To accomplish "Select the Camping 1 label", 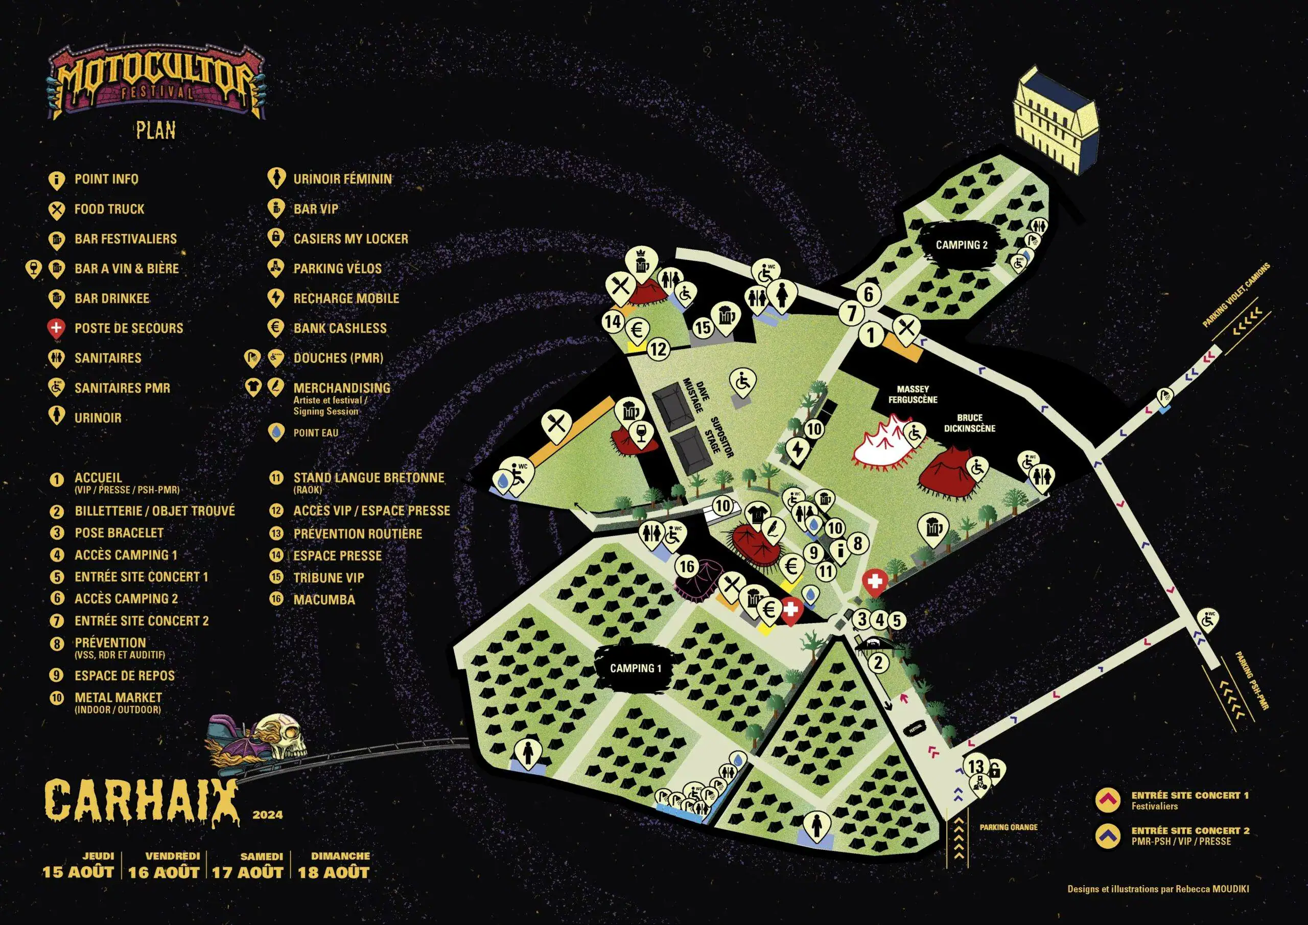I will coord(635,668).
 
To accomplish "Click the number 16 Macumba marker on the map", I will coord(687,566).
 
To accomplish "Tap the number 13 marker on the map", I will coord(976,766).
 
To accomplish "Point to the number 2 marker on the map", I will coord(878,663).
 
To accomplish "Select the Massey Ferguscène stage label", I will coord(913,395).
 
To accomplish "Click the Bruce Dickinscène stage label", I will coord(970,422).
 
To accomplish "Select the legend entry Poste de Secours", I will coord(129,328).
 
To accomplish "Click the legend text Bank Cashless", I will coord(340,328).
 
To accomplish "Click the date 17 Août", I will coord(247,872).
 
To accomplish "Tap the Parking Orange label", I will coord(1009,827).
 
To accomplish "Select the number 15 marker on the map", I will coord(703,328).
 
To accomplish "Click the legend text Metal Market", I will coord(118,697).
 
